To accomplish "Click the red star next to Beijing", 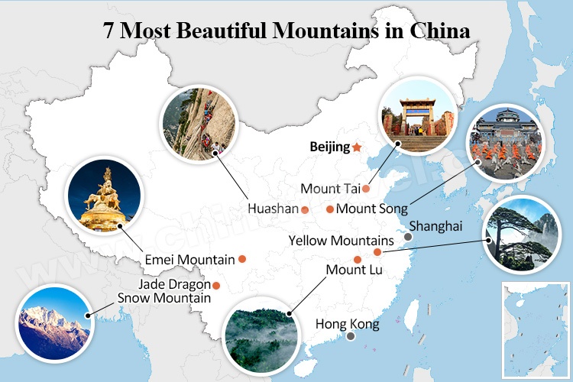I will click(x=357, y=147).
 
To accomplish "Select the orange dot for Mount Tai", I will click(x=366, y=188).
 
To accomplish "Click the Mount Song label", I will click(x=372, y=208).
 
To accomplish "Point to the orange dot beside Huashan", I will click(x=304, y=209).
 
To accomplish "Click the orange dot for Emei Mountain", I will click(x=242, y=259).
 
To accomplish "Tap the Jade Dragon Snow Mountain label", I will click(x=164, y=291).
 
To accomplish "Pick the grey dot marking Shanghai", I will click(x=408, y=237).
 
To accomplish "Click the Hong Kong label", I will click(x=348, y=324).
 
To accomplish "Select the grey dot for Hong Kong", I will click(x=350, y=336).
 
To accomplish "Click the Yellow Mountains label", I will click(x=341, y=241).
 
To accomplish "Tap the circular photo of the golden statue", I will click(x=105, y=196).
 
